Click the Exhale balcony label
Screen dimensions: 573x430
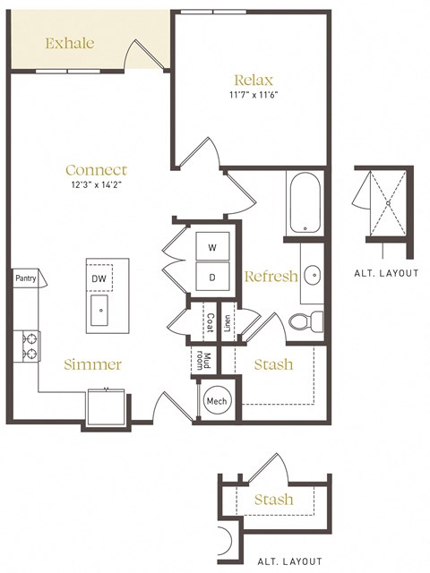[69, 42]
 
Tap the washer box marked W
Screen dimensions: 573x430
[213, 246]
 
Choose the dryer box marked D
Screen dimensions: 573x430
[213, 277]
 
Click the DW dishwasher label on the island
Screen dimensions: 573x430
[99, 278]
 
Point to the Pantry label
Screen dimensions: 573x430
[25, 278]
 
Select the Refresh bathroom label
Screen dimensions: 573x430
[271, 277]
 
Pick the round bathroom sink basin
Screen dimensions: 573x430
[313, 275]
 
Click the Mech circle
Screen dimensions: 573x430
[216, 401]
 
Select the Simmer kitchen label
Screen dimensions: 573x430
[92, 364]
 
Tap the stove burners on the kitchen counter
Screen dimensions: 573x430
[28, 346]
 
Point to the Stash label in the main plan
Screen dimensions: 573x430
[273, 365]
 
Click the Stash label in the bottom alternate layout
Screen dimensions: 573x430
[273, 499]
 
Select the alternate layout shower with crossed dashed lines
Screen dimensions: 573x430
[387, 203]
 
